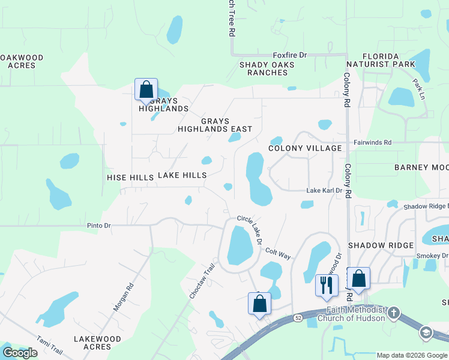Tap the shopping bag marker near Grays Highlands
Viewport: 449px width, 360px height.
click(x=146, y=90)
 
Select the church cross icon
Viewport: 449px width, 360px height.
click(x=394, y=313)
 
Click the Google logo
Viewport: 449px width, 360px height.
click(x=20, y=352)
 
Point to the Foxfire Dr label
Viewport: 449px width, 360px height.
click(x=289, y=55)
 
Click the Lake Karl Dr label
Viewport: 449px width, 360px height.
click(x=324, y=191)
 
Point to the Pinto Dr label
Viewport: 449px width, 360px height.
click(x=99, y=226)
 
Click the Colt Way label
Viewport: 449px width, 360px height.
click(x=278, y=254)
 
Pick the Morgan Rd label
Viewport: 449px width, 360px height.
click(x=121, y=297)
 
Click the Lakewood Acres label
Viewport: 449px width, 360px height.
click(x=97, y=343)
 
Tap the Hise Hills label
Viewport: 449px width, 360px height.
click(x=130, y=178)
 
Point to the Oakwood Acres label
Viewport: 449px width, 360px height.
click(x=21, y=61)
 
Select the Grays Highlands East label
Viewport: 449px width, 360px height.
click(x=215, y=125)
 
